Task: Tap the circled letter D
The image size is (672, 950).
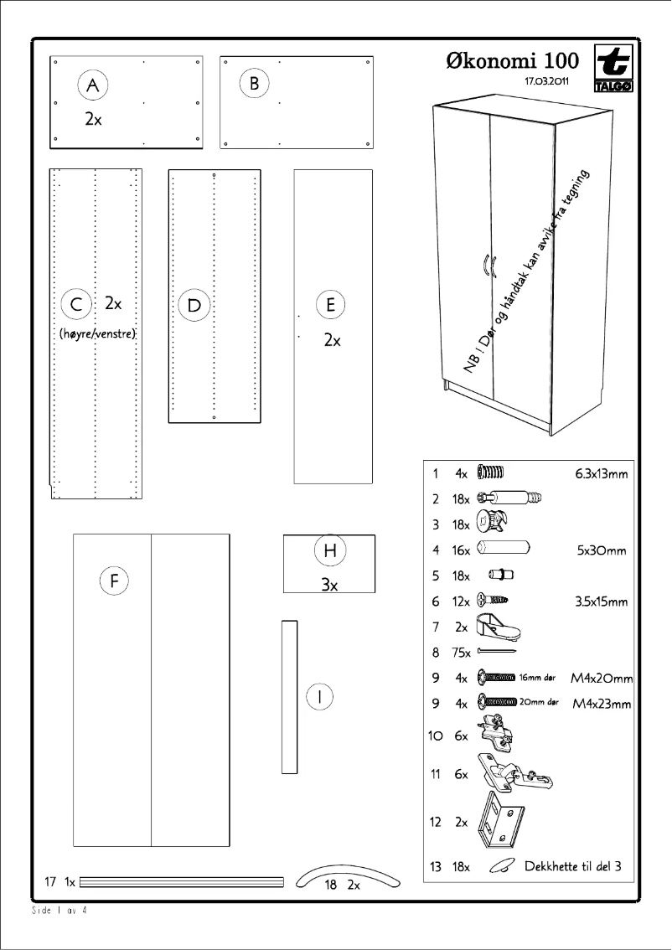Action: [194, 304]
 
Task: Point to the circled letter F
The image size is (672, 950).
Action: [113, 580]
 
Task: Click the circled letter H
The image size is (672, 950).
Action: [329, 550]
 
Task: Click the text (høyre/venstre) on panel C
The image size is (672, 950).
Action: [97, 333]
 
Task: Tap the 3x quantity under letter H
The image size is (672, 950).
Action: [329, 586]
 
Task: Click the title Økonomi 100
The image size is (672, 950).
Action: [513, 61]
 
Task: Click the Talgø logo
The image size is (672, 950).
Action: [613, 70]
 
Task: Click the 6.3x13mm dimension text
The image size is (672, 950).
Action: [601, 473]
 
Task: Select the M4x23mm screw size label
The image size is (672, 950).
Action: [602, 705]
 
